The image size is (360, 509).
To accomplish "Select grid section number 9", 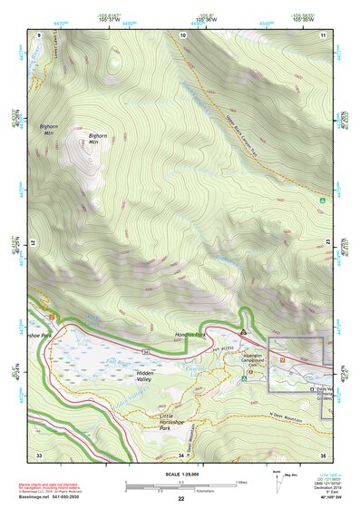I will click(x=39, y=34).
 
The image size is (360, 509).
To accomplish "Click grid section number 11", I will click(x=323, y=34).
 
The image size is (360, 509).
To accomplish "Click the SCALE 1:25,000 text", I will click(x=180, y=474).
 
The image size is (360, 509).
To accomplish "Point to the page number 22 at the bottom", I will click(x=180, y=499).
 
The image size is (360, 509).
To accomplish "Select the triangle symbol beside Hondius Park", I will click(x=243, y=334).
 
